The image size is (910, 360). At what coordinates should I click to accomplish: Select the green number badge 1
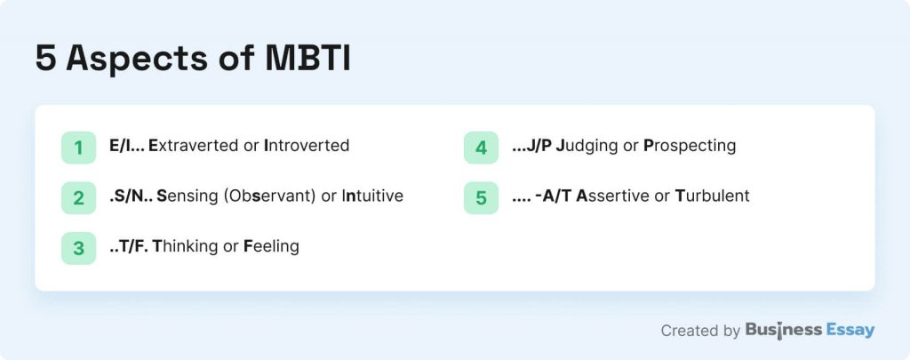pos(78,148)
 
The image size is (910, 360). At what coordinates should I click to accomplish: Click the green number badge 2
pos(78,198)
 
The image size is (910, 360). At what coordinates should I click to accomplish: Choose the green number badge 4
pos(481,148)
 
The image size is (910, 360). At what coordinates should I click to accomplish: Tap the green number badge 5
pos(481,198)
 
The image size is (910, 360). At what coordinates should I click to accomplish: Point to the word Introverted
pos(307,145)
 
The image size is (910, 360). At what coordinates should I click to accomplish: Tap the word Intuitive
pos(372,196)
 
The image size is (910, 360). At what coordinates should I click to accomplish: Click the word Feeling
pos(273,246)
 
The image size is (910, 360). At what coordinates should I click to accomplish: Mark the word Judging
pos(587,145)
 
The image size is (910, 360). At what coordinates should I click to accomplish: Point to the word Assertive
pos(612,196)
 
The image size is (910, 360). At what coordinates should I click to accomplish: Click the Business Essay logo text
pos(810,331)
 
